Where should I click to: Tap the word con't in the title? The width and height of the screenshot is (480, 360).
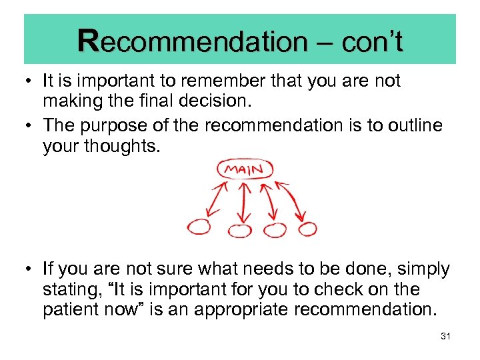click(372, 42)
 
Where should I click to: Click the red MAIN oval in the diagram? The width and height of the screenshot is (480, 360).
click(245, 169)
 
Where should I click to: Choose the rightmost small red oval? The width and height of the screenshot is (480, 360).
click(307, 229)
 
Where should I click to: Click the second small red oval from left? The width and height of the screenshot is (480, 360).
click(240, 231)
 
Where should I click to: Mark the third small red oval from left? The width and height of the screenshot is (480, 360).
click(274, 230)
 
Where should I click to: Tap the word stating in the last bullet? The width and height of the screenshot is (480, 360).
click(74, 290)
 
